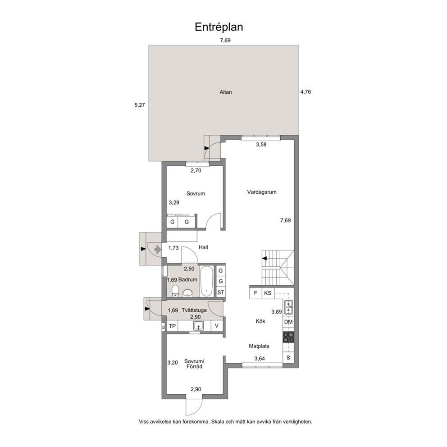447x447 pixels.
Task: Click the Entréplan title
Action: (x=219, y=27)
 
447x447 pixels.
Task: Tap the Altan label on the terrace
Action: (x=225, y=92)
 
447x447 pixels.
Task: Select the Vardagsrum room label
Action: (x=262, y=192)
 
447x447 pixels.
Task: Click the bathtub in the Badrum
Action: (x=206, y=281)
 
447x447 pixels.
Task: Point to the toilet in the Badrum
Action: (x=175, y=291)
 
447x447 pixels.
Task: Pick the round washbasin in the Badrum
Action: (x=187, y=293)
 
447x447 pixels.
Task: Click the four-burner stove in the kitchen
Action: (x=288, y=337)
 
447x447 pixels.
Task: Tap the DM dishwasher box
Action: (x=288, y=322)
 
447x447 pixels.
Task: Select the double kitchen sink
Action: (x=288, y=307)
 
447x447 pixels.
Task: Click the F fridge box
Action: (x=255, y=293)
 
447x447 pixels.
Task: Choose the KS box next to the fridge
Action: (x=268, y=293)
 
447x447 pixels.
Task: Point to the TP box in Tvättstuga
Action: (x=172, y=326)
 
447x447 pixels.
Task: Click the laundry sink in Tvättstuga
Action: (x=198, y=325)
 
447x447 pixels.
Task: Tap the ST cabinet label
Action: (x=221, y=292)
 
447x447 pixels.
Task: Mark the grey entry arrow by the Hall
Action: (x=158, y=250)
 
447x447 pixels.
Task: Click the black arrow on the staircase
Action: (x=264, y=259)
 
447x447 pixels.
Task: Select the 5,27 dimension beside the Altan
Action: (x=140, y=105)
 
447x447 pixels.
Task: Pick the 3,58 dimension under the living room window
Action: (x=261, y=145)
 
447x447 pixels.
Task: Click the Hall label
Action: (x=203, y=247)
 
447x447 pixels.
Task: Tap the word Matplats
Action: (x=259, y=347)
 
